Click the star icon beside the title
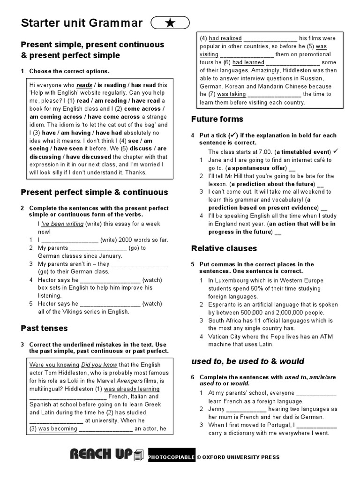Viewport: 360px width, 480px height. pos(170,23)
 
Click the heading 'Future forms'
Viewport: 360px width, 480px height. pos(217,119)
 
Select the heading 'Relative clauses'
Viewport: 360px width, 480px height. pos(224,248)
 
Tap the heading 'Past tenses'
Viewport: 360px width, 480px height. pos(44,328)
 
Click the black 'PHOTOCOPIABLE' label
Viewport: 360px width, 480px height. pos(171,457)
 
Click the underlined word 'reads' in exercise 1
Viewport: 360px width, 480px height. pos(84,85)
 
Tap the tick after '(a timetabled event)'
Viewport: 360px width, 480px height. pos(337,151)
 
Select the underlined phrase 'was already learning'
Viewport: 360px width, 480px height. pos(132,389)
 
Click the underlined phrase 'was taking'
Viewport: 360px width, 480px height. pos(231,94)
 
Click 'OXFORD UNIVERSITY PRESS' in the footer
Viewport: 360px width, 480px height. pos(241,457)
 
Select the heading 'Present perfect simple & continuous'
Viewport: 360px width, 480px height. pos(94,192)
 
